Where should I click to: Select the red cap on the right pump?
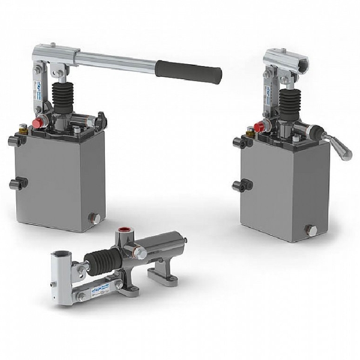coord(259,127)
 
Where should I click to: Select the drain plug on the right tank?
coord(310,230)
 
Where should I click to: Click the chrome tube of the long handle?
coord(114,59)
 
